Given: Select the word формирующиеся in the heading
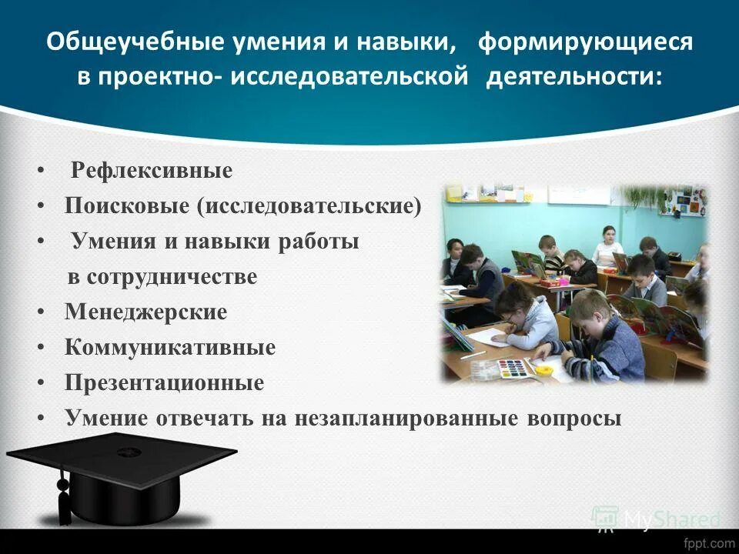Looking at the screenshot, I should (x=585, y=43).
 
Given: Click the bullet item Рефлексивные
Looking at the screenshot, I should (x=152, y=171).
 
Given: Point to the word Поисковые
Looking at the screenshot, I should (x=127, y=206).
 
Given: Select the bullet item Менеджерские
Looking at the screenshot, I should (x=146, y=312).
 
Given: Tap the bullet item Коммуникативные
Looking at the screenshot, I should (x=170, y=348).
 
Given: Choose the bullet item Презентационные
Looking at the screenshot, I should (x=164, y=383).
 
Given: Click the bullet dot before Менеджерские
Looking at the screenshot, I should (x=40, y=313).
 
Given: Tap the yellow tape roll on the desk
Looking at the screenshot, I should (x=544, y=370).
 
